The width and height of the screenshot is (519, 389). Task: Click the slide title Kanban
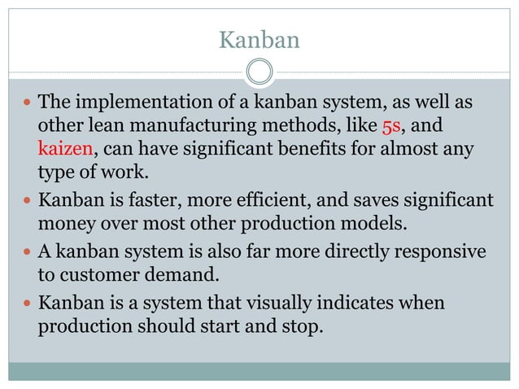pyautogui.click(x=259, y=38)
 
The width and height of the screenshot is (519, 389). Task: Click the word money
pyautogui.click(x=64, y=222)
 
